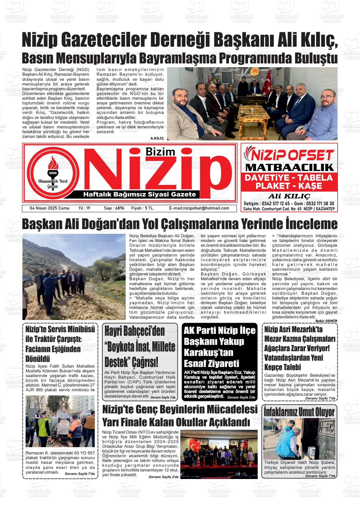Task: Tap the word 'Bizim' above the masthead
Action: pyautogui.click(x=160, y=151)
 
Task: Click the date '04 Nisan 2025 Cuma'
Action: pyautogui.click(x=45, y=208)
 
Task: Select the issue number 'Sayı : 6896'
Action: pyautogui.click(x=114, y=208)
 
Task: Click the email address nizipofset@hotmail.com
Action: pyautogui.click(x=199, y=208)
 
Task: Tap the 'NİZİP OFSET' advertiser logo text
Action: pyautogui.click(x=289, y=155)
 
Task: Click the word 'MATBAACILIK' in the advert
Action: pyautogui.click(x=289, y=167)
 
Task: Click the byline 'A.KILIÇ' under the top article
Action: pyautogui.click(x=157, y=139)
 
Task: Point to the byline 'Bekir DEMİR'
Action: pyautogui.click(x=326, y=321)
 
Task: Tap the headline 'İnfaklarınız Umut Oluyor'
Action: pyautogui.click(x=299, y=412)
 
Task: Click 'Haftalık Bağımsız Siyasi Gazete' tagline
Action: pyautogui.click(x=139, y=194)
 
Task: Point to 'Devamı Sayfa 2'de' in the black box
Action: pyautogui.click(x=241, y=397)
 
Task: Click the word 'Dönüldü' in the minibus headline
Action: pyautogui.click(x=38, y=359)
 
